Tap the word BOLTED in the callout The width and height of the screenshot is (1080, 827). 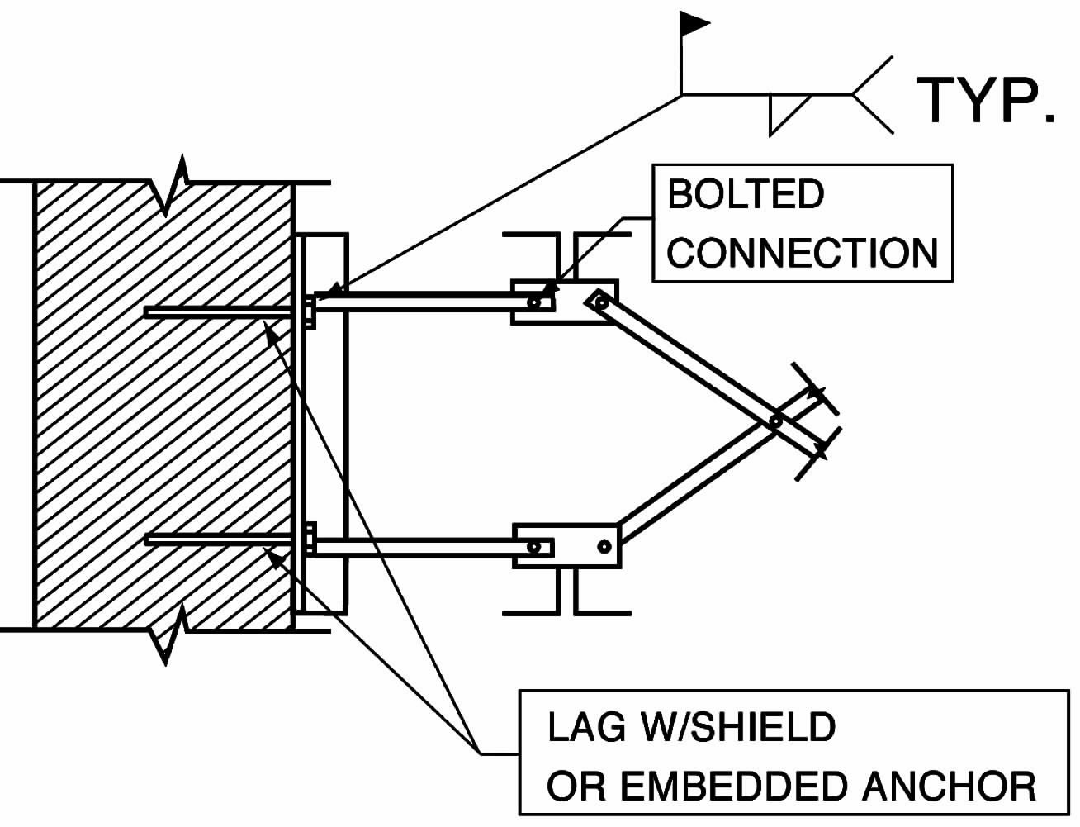[745, 195]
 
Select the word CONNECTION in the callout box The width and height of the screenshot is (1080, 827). [802, 252]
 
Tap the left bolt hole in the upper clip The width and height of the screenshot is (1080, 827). [535, 302]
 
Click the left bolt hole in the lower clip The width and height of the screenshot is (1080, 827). [535, 546]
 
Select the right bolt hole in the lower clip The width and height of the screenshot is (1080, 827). [604, 546]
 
